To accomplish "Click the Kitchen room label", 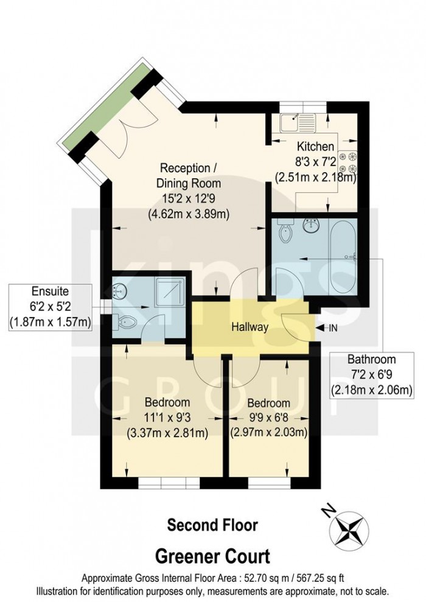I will (x=315, y=147).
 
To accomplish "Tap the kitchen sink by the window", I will (x=296, y=123).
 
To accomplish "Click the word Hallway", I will (x=250, y=327).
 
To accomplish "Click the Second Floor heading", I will (x=212, y=525).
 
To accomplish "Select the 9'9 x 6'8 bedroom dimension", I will (x=268, y=418).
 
